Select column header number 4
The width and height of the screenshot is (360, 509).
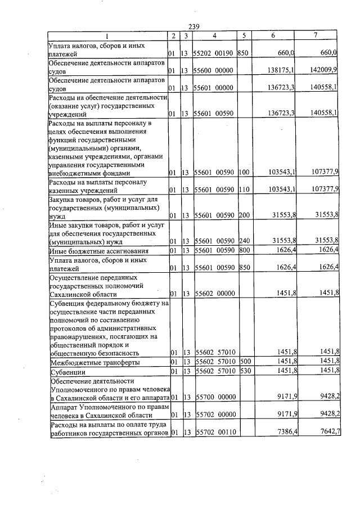pyautogui.click(x=214, y=35)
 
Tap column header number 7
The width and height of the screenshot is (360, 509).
pyautogui.click(x=316, y=35)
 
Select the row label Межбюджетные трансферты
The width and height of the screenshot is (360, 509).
pyautogui.click(x=94, y=362)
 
